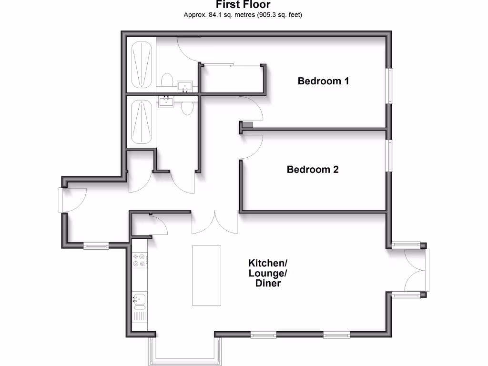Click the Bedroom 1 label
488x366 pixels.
coord(323,81)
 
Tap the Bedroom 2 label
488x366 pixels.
coord(312,169)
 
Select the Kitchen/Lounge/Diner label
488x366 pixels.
coord(267,273)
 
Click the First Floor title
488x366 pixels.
coord(243,5)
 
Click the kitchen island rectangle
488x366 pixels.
coord(207,275)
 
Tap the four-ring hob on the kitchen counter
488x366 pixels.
coord(139,260)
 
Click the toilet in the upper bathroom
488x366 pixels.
coord(166,81)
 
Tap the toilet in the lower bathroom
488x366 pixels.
coord(187,108)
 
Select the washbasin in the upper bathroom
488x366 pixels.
coord(184,86)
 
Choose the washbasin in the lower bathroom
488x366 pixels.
coord(166,102)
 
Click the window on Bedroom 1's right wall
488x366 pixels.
coord(390,86)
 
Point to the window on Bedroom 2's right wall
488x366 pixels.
coord(390,155)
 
